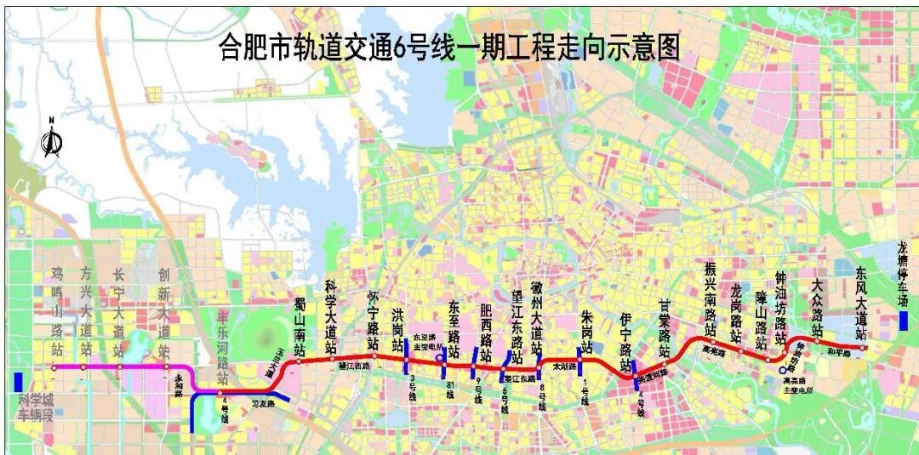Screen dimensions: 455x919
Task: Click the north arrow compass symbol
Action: tap(52, 141)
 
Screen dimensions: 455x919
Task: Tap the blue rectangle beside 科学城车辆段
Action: tap(19, 382)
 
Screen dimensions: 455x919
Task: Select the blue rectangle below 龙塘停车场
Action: tap(903, 321)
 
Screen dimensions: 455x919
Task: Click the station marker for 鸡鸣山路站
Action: tap(54, 368)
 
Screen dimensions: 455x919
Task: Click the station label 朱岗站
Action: tap(585, 331)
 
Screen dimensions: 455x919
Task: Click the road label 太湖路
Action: tap(564, 367)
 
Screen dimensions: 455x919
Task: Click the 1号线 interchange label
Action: tap(583, 392)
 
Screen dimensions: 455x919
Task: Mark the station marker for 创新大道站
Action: tap(163, 368)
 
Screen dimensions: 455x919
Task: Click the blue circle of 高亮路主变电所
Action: tap(782, 370)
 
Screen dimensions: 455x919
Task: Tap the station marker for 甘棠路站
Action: tap(665, 363)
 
